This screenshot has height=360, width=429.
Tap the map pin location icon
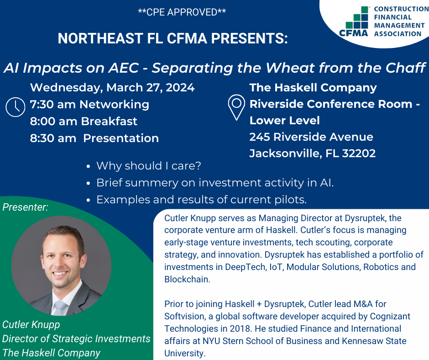pos(236,107)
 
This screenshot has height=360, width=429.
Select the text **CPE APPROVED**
pos(182,12)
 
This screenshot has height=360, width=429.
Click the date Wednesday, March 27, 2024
pos(112,88)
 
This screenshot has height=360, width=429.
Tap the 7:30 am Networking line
pos(89,104)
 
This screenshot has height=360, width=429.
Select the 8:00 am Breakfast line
pos(84,122)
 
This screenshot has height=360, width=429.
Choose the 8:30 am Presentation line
pos(94,138)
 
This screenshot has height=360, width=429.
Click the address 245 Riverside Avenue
pos(311,137)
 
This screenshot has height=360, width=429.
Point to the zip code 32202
pos(359,154)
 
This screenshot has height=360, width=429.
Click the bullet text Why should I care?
pos(149,166)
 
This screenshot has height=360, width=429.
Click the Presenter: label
pos(25,207)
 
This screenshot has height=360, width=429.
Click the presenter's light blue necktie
pos(60,308)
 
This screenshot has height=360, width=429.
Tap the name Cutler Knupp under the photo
pos(31,325)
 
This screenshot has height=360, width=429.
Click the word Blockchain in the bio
pos(187,279)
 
